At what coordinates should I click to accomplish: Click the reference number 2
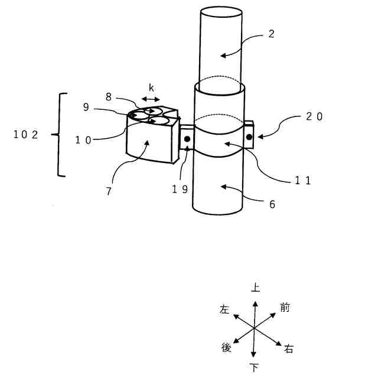(x=271, y=34)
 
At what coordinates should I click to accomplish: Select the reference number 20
(x=314, y=117)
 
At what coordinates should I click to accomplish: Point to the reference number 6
(x=272, y=204)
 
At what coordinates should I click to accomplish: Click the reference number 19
(x=180, y=189)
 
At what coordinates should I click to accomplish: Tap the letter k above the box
(x=151, y=87)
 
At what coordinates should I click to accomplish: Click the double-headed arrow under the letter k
(x=151, y=100)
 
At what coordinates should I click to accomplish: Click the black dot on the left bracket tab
(x=187, y=139)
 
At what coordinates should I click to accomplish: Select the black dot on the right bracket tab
(x=249, y=138)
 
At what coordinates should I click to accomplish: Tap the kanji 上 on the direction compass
(x=255, y=288)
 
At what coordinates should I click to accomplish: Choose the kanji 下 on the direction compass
(x=255, y=368)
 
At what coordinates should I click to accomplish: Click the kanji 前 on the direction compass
(x=285, y=307)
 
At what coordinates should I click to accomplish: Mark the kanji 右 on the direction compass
(x=289, y=348)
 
